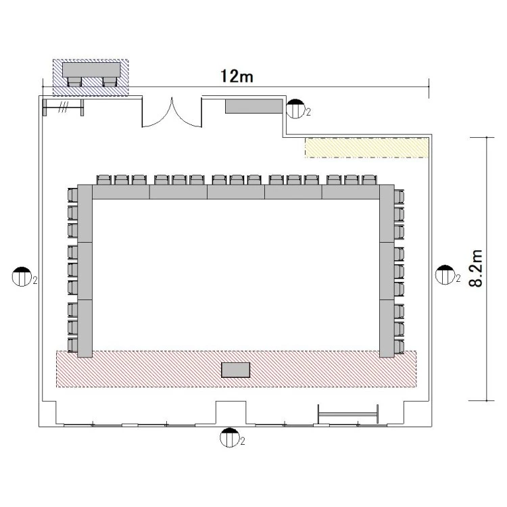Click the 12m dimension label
pos(237,76)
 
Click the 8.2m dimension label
pos(476,268)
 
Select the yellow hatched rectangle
pos(367,148)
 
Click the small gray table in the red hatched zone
pos(236,370)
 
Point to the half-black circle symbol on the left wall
pos(22,276)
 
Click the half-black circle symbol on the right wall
pos(445,275)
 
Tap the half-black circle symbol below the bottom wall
pos(230,437)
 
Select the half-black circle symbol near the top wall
pos(295,109)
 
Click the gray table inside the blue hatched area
pos(91,70)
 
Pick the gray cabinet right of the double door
pos(254,106)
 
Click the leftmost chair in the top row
pos(104,180)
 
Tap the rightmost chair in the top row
pos(369,180)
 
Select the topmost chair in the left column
pos(73,195)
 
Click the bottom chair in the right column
pos(399,347)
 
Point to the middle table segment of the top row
pos(236,192)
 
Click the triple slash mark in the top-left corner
pos(63,107)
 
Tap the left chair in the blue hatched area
pos(74,82)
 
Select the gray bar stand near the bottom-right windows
pos(348,414)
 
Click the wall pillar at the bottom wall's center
pos(231,412)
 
